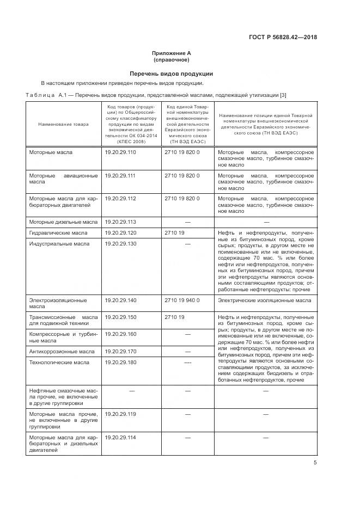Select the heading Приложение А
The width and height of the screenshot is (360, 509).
171,53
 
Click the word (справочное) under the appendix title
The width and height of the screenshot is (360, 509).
171,60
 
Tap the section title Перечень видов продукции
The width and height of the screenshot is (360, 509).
171,73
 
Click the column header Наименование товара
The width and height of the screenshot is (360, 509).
60,125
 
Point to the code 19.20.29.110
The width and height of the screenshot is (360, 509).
120,152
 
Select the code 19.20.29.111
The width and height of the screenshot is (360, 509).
120,176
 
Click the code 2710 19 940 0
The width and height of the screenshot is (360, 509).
182,300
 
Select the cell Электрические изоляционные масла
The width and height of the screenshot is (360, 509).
265,300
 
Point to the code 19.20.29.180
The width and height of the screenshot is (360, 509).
120,362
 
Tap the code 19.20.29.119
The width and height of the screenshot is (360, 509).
120,414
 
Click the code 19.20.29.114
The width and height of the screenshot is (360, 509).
120,438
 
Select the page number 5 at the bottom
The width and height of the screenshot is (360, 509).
315,463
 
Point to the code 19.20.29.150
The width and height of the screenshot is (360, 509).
120,317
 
